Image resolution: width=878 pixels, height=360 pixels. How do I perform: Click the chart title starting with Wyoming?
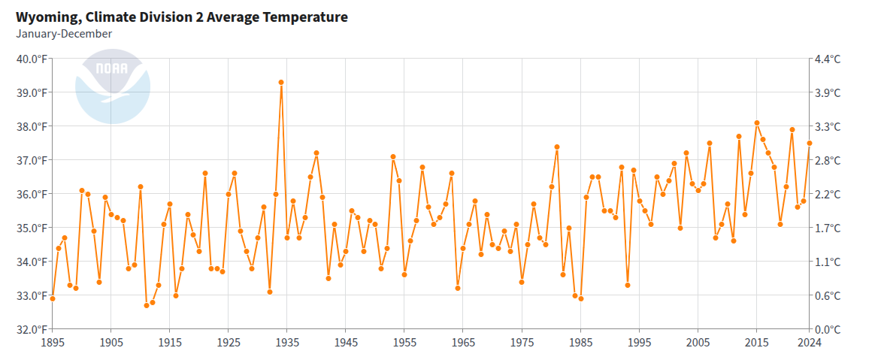182,17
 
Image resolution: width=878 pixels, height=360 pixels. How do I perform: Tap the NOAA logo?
113,86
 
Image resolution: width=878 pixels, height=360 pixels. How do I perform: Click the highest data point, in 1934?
281,82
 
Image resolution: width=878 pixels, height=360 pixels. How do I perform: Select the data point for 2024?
810,143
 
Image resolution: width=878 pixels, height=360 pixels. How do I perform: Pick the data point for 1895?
52,298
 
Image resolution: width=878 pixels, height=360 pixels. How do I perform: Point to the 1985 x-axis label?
580,342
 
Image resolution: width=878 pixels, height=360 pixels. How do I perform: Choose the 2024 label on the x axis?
810,342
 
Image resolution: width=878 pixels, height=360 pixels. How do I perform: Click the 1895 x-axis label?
52,342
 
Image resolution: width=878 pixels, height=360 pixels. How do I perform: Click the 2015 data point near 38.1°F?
757,123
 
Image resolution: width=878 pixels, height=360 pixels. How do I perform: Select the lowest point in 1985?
581,298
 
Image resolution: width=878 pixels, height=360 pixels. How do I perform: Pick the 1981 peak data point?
557,147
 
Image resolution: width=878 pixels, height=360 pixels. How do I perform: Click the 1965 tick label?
463,342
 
